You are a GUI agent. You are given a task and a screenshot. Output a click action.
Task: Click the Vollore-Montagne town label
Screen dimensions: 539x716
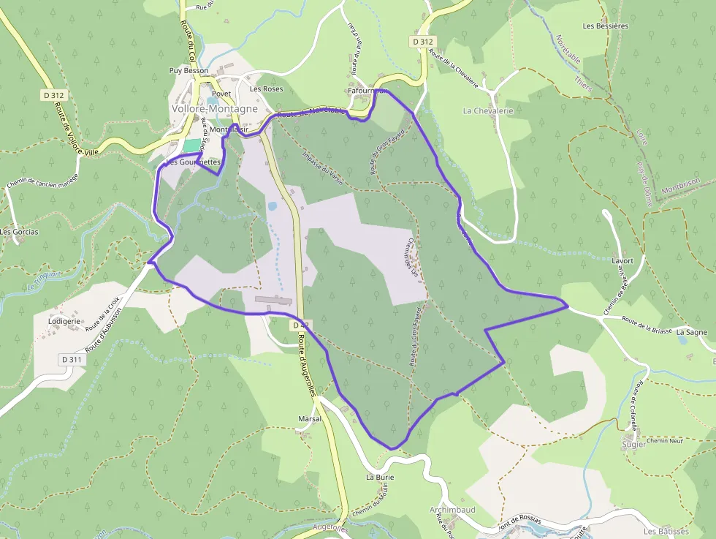pyautogui.click(x=214, y=108)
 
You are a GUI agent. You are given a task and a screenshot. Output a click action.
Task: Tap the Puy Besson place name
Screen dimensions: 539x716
pyautogui.click(x=188, y=71)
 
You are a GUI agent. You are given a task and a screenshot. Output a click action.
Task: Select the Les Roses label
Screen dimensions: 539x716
pyautogui.click(x=266, y=88)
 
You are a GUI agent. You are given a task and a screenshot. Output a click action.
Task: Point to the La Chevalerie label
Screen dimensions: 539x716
pyautogui.click(x=488, y=110)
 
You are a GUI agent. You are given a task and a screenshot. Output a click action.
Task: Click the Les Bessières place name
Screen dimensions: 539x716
pyautogui.click(x=605, y=26)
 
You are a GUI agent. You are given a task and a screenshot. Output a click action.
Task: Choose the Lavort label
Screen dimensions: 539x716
pyautogui.click(x=622, y=260)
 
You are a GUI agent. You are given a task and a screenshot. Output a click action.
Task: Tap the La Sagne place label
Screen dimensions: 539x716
pyautogui.click(x=691, y=332)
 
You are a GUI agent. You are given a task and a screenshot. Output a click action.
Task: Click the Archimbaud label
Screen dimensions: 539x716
pyautogui.click(x=452, y=509)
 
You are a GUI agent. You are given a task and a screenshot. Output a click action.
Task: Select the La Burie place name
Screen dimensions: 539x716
pyautogui.click(x=380, y=477)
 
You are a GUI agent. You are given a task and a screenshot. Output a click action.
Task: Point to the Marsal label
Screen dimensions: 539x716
pyautogui.click(x=310, y=418)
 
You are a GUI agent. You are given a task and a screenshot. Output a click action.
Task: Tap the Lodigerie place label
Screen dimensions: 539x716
pyautogui.click(x=64, y=320)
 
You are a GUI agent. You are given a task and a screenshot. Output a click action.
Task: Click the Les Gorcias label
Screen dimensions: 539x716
pyautogui.click(x=20, y=232)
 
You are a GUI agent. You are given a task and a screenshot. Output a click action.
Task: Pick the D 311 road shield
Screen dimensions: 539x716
pyautogui.click(x=72, y=359)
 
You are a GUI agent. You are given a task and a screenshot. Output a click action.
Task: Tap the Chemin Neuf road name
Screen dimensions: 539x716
pyautogui.click(x=663, y=440)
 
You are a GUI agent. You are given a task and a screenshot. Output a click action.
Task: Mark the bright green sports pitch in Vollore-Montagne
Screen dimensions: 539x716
pyautogui.click(x=191, y=146)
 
